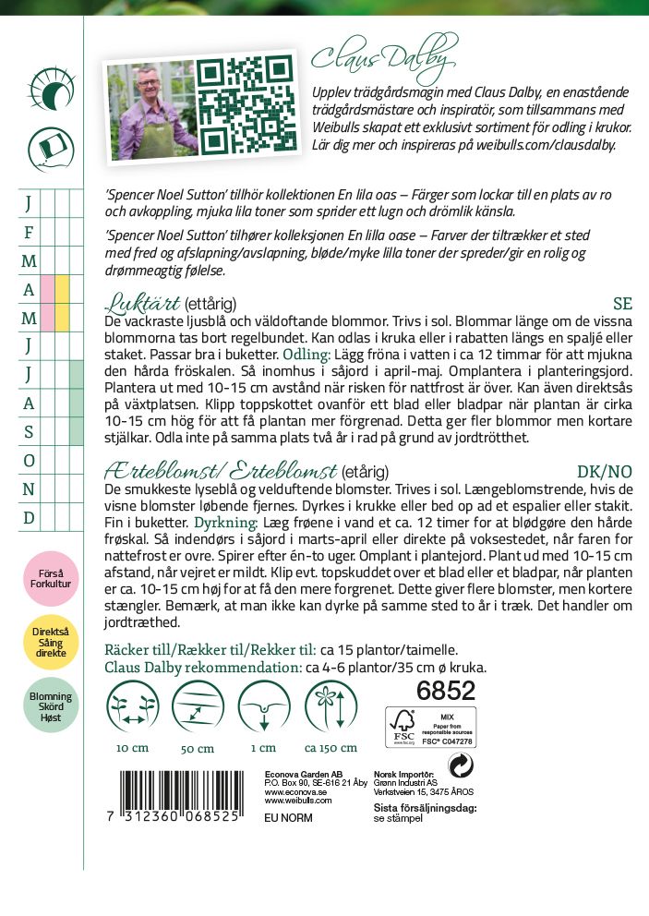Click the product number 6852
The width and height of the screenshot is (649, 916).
point(447,691)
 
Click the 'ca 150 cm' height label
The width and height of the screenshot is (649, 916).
point(324,748)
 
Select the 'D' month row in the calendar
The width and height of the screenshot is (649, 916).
point(29,518)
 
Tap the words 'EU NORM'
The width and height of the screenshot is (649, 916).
point(287,818)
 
